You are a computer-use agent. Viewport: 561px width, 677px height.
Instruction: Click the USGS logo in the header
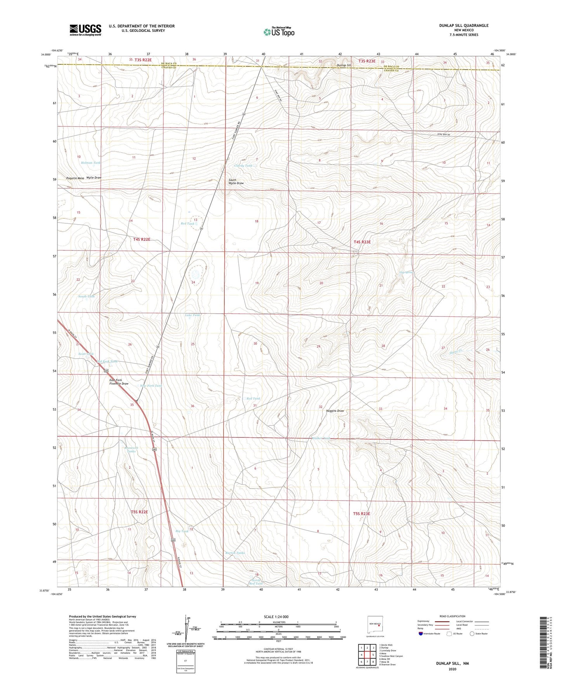pyautogui.click(x=85, y=29)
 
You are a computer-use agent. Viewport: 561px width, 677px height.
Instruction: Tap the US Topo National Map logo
pyautogui.click(x=278, y=32)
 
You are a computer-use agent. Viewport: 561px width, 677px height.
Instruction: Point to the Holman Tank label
pyautogui.click(x=90, y=163)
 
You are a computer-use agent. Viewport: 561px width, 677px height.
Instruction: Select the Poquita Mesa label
pyautogui.click(x=75, y=178)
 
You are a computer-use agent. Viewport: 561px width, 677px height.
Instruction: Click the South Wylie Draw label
pyautogui.click(x=236, y=181)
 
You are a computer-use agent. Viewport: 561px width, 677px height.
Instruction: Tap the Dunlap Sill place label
pyautogui.click(x=344, y=66)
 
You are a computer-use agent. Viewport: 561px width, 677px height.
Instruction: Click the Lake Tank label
pyautogui.click(x=193, y=315)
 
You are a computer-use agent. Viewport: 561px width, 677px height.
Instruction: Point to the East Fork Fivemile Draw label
pyautogui.click(x=118, y=382)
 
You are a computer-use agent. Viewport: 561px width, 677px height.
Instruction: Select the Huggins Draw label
pyautogui.click(x=335, y=411)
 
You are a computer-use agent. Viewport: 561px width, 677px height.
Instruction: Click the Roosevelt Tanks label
pyautogui.click(x=131, y=449)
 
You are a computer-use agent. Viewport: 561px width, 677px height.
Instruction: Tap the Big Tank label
pyautogui.click(x=182, y=531)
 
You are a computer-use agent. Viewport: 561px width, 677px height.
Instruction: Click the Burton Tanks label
pyautogui.click(x=235, y=553)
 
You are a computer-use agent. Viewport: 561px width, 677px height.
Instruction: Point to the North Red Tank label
pyautogui.click(x=256, y=582)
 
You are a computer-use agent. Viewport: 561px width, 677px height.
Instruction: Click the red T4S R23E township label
pyautogui.click(x=362, y=242)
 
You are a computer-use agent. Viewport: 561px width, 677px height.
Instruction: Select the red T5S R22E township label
pyautogui.click(x=139, y=512)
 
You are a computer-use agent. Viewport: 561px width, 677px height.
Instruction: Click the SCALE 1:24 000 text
pyautogui.click(x=276, y=617)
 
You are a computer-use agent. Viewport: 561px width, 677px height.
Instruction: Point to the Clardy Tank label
pyautogui.click(x=243, y=166)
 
